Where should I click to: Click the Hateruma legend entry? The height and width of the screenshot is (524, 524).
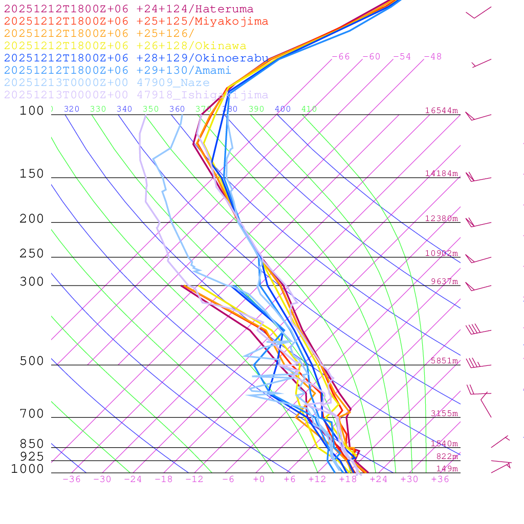128,9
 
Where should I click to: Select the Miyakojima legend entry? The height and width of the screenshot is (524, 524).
136,21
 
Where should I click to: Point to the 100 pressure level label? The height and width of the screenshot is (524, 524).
32,111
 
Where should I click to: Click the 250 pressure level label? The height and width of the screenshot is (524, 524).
32,254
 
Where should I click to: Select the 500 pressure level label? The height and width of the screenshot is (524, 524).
32,361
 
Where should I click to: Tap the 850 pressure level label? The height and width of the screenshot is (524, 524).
32,444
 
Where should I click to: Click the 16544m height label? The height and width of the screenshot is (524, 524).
441,111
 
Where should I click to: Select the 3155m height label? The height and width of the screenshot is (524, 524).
444,413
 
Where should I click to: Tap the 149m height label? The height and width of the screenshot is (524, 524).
447,469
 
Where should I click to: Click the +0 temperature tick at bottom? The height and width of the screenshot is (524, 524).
258,479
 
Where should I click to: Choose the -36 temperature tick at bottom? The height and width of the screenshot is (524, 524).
71,479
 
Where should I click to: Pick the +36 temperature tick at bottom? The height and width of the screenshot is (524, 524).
440,479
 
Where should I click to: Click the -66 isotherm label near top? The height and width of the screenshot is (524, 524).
340,56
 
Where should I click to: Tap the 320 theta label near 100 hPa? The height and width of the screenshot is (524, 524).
72,109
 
